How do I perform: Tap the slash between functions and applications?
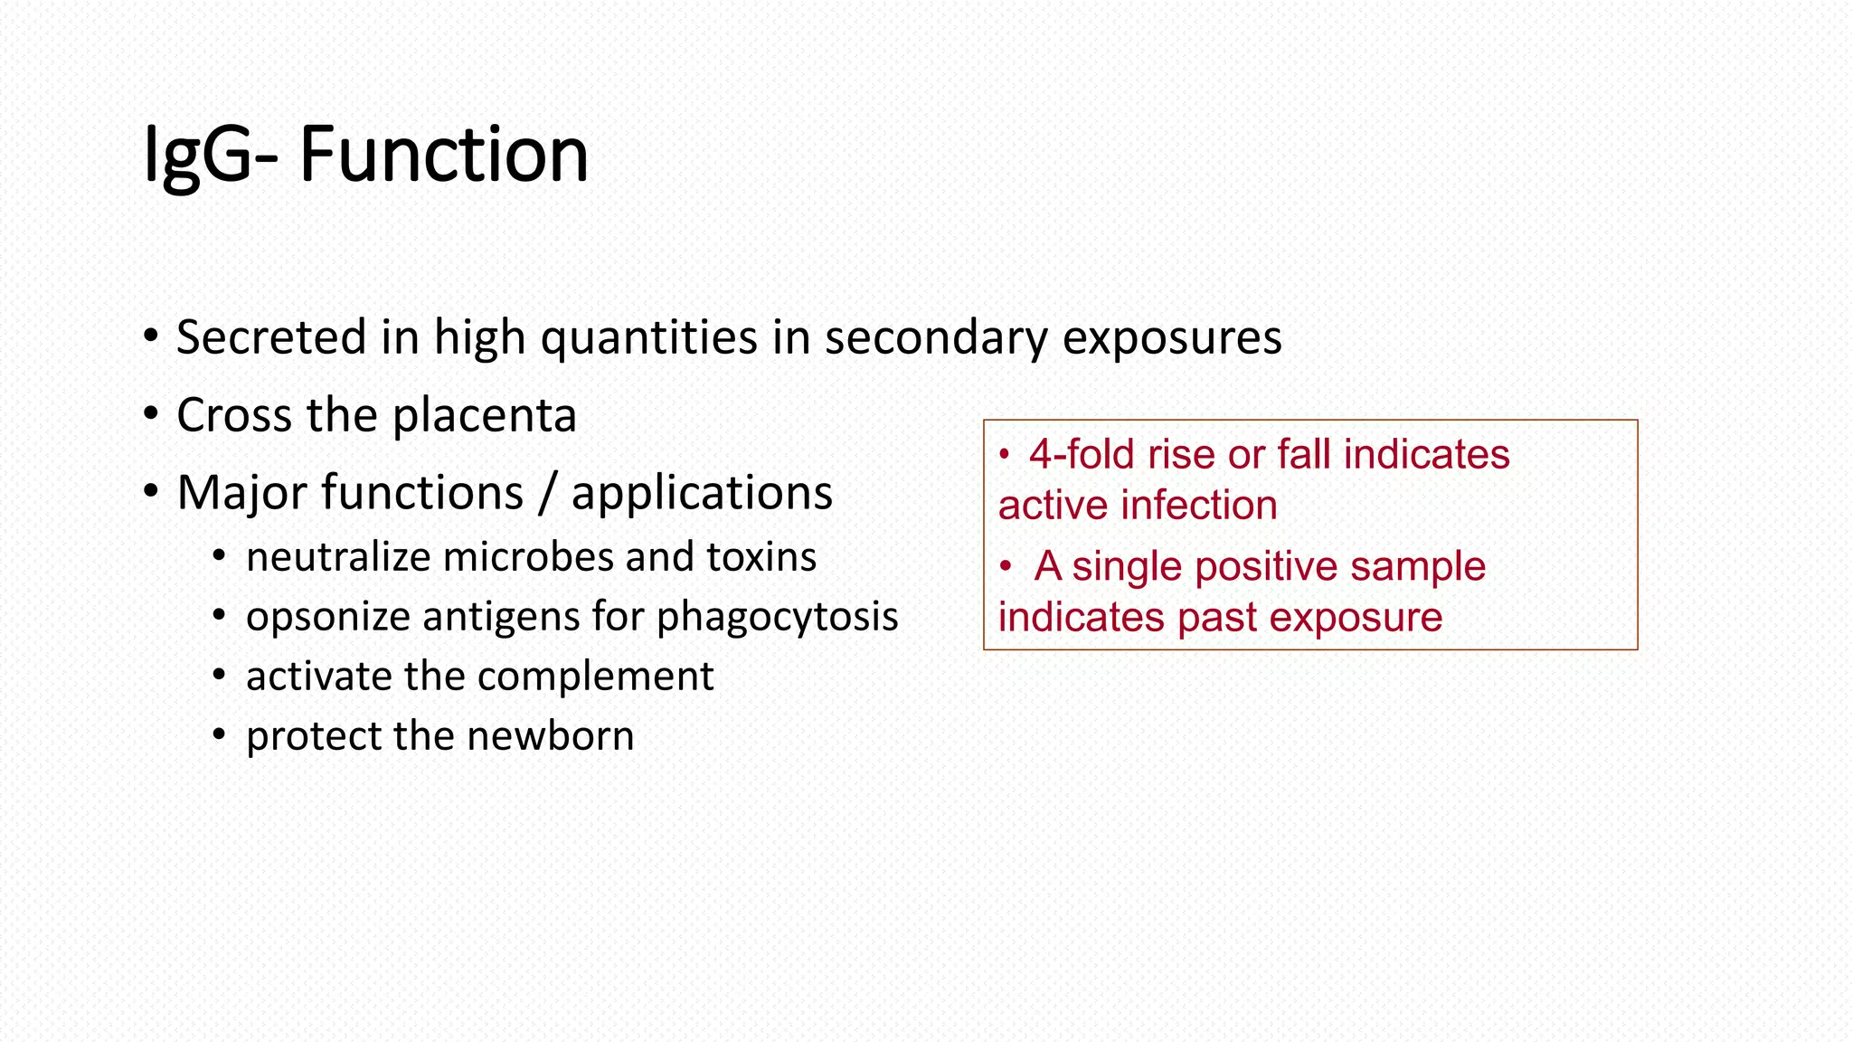pos(547,494)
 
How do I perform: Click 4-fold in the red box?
pos(1082,454)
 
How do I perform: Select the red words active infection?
pos(1138,506)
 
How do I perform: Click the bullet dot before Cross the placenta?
pos(151,416)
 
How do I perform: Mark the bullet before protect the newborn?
pos(219,735)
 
